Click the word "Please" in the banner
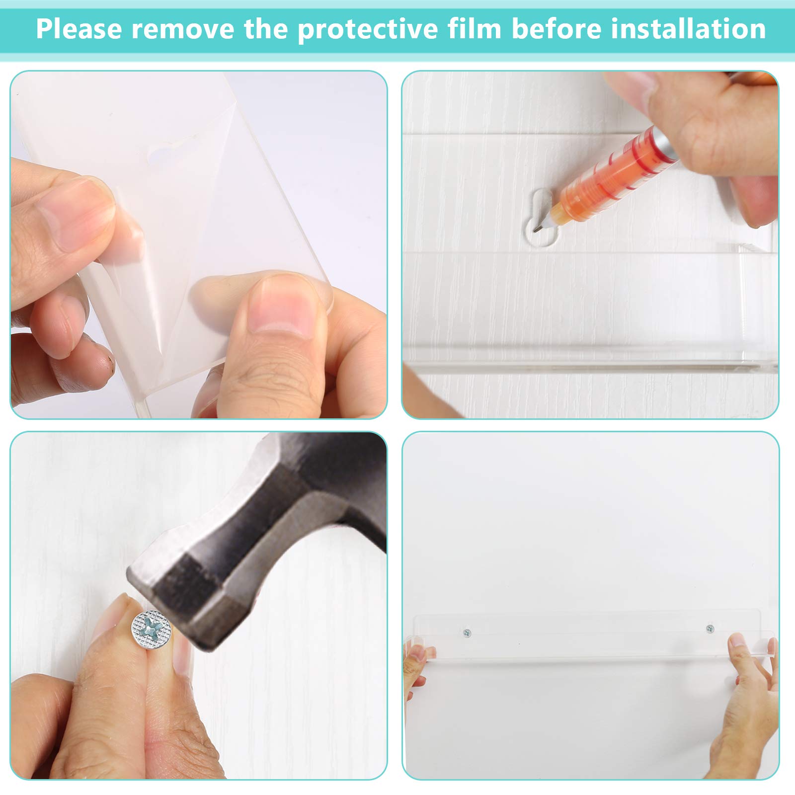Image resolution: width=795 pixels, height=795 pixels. click(79, 29)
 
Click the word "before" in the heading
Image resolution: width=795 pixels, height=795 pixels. click(556, 28)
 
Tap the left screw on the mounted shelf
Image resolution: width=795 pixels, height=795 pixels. click(467, 633)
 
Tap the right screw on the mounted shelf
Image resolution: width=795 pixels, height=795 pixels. click(710, 629)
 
